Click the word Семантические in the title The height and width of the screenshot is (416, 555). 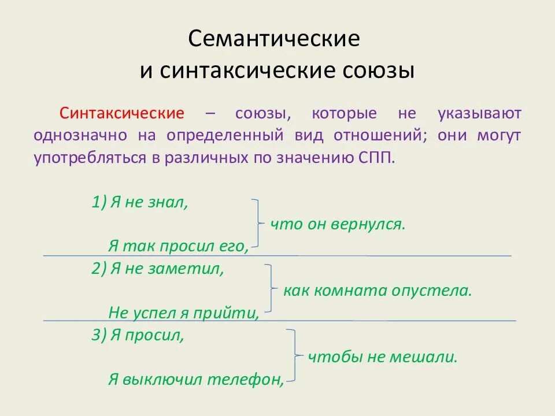click(x=274, y=39)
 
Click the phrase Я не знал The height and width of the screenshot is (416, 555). click(x=149, y=202)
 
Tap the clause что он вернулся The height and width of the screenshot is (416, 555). click(x=338, y=224)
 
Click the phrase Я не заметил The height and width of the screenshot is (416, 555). click(x=166, y=269)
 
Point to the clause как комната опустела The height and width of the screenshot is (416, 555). click(x=378, y=291)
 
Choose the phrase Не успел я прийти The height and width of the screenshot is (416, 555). click(x=183, y=313)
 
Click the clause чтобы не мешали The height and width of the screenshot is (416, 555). click(x=382, y=357)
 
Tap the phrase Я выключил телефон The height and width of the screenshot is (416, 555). click(x=195, y=379)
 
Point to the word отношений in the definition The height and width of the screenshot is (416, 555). click(x=379, y=136)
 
